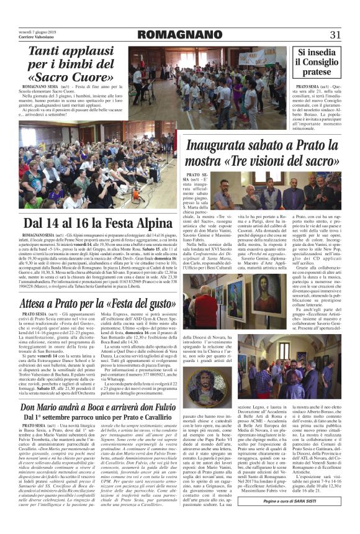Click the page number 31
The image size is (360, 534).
336,34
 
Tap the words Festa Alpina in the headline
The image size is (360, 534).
125,224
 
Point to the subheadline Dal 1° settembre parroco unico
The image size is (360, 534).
87,419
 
